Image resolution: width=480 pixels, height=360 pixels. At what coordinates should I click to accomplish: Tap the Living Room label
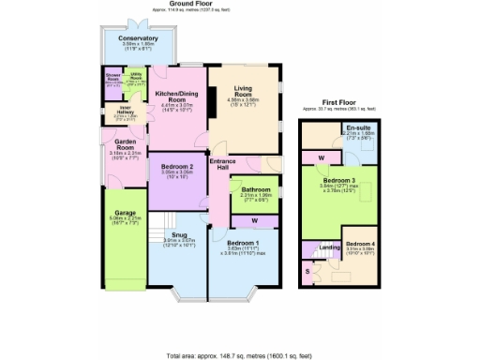[x=243, y=91]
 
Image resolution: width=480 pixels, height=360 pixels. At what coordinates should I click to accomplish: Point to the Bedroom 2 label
[x=176, y=166]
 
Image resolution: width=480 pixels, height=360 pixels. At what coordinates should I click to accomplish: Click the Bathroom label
[x=255, y=188]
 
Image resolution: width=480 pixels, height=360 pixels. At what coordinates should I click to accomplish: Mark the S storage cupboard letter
[x=309, y=270]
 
